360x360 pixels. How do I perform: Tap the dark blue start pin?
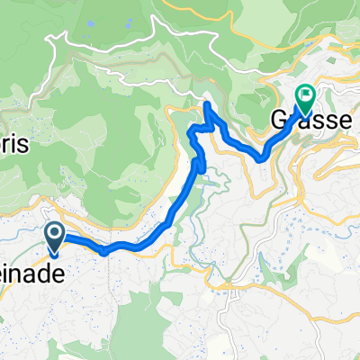click(54, 237)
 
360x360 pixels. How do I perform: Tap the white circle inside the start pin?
click(54, 234)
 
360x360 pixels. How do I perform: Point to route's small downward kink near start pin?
click(105, 253)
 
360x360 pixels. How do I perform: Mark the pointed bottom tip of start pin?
click(54, 251)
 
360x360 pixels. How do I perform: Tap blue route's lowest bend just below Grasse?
click(261, 157)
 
